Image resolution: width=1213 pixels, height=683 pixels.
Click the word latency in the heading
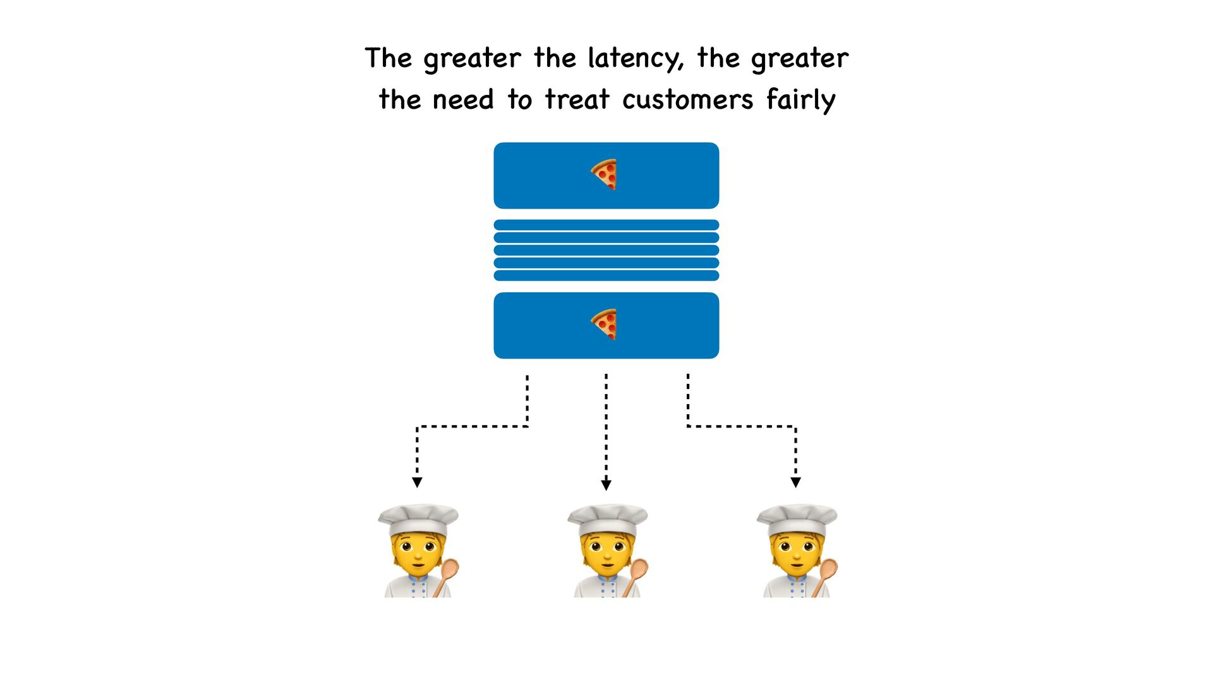click(x=636, y=59)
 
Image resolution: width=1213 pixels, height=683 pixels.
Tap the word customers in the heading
click(x=687, y=100)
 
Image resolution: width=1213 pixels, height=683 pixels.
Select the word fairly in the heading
click(x=801, y=100)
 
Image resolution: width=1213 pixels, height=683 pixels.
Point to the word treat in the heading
click(x=577, y=100)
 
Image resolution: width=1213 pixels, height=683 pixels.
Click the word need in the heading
click(x=463, y=100)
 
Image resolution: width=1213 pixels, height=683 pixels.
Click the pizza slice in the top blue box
click(x=604, y=175)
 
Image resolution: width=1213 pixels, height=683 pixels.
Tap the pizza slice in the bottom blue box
click(x=604, y=324)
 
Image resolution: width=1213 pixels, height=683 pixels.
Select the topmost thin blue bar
click(x=606, y=225)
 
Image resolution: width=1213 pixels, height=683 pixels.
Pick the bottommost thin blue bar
click(x=606, y=276)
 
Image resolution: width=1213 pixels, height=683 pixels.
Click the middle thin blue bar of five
click(x=606, y=250)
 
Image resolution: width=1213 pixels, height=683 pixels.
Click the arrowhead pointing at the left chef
click(x=417, y=483)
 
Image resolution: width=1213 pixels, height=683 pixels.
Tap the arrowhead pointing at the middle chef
click(x=606, y=485)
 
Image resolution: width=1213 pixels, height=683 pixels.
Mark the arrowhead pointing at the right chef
click(x=795, y=483)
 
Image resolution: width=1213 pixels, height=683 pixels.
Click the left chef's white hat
click(x=418, y=519)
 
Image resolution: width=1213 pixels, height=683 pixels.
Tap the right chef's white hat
click(x=797, y=519)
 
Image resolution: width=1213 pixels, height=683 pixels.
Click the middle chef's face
click(x=606, y=553)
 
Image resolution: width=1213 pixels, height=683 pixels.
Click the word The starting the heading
click(x=388, y=59)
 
